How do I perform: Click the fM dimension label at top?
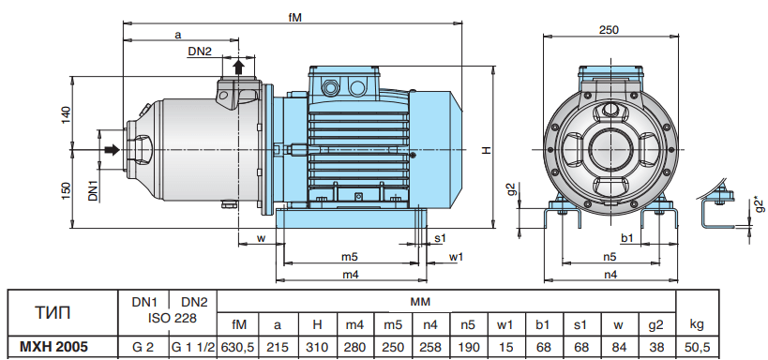point(294,17)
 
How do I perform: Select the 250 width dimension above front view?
point(609,29)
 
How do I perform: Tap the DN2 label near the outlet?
point(200,51)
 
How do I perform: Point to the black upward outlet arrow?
point(238,67)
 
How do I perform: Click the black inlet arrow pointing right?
point(113,149)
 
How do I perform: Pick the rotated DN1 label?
point(94,189)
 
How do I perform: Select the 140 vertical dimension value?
point(66,114)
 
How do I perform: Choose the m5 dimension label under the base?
point(350,256)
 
